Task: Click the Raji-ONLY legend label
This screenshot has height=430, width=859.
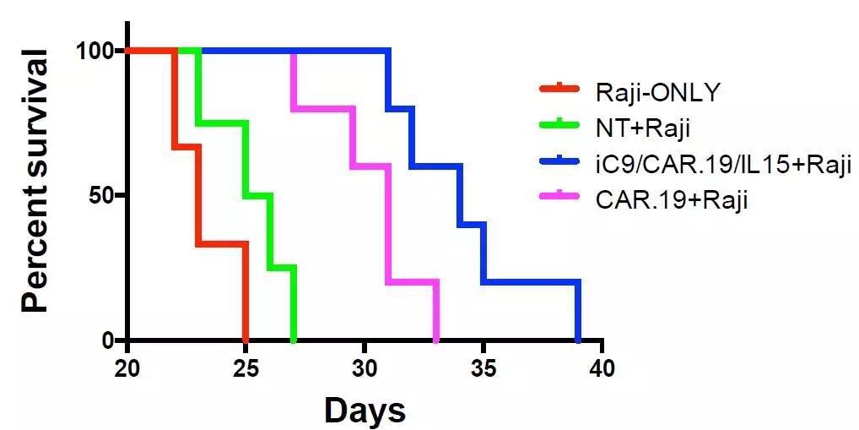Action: (x=657, y=91)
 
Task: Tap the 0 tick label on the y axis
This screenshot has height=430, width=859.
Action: (x=108, y=340)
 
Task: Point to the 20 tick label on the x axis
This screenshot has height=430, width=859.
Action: (x=127, y=368)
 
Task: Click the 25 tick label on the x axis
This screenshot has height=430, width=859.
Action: (x=246, y=368)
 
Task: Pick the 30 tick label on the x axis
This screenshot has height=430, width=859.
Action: (x=365, y=368)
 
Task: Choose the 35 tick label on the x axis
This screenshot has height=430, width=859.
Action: (x=484, y=368)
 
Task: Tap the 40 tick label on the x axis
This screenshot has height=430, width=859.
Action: (x=602, y=368)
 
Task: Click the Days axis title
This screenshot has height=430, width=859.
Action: (x=365, y=411)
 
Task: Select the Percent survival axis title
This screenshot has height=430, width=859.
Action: (x=35, y=181)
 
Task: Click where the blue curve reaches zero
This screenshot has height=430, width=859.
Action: (x=578, y=340)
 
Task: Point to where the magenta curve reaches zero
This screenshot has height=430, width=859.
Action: (x=436, y=340)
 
